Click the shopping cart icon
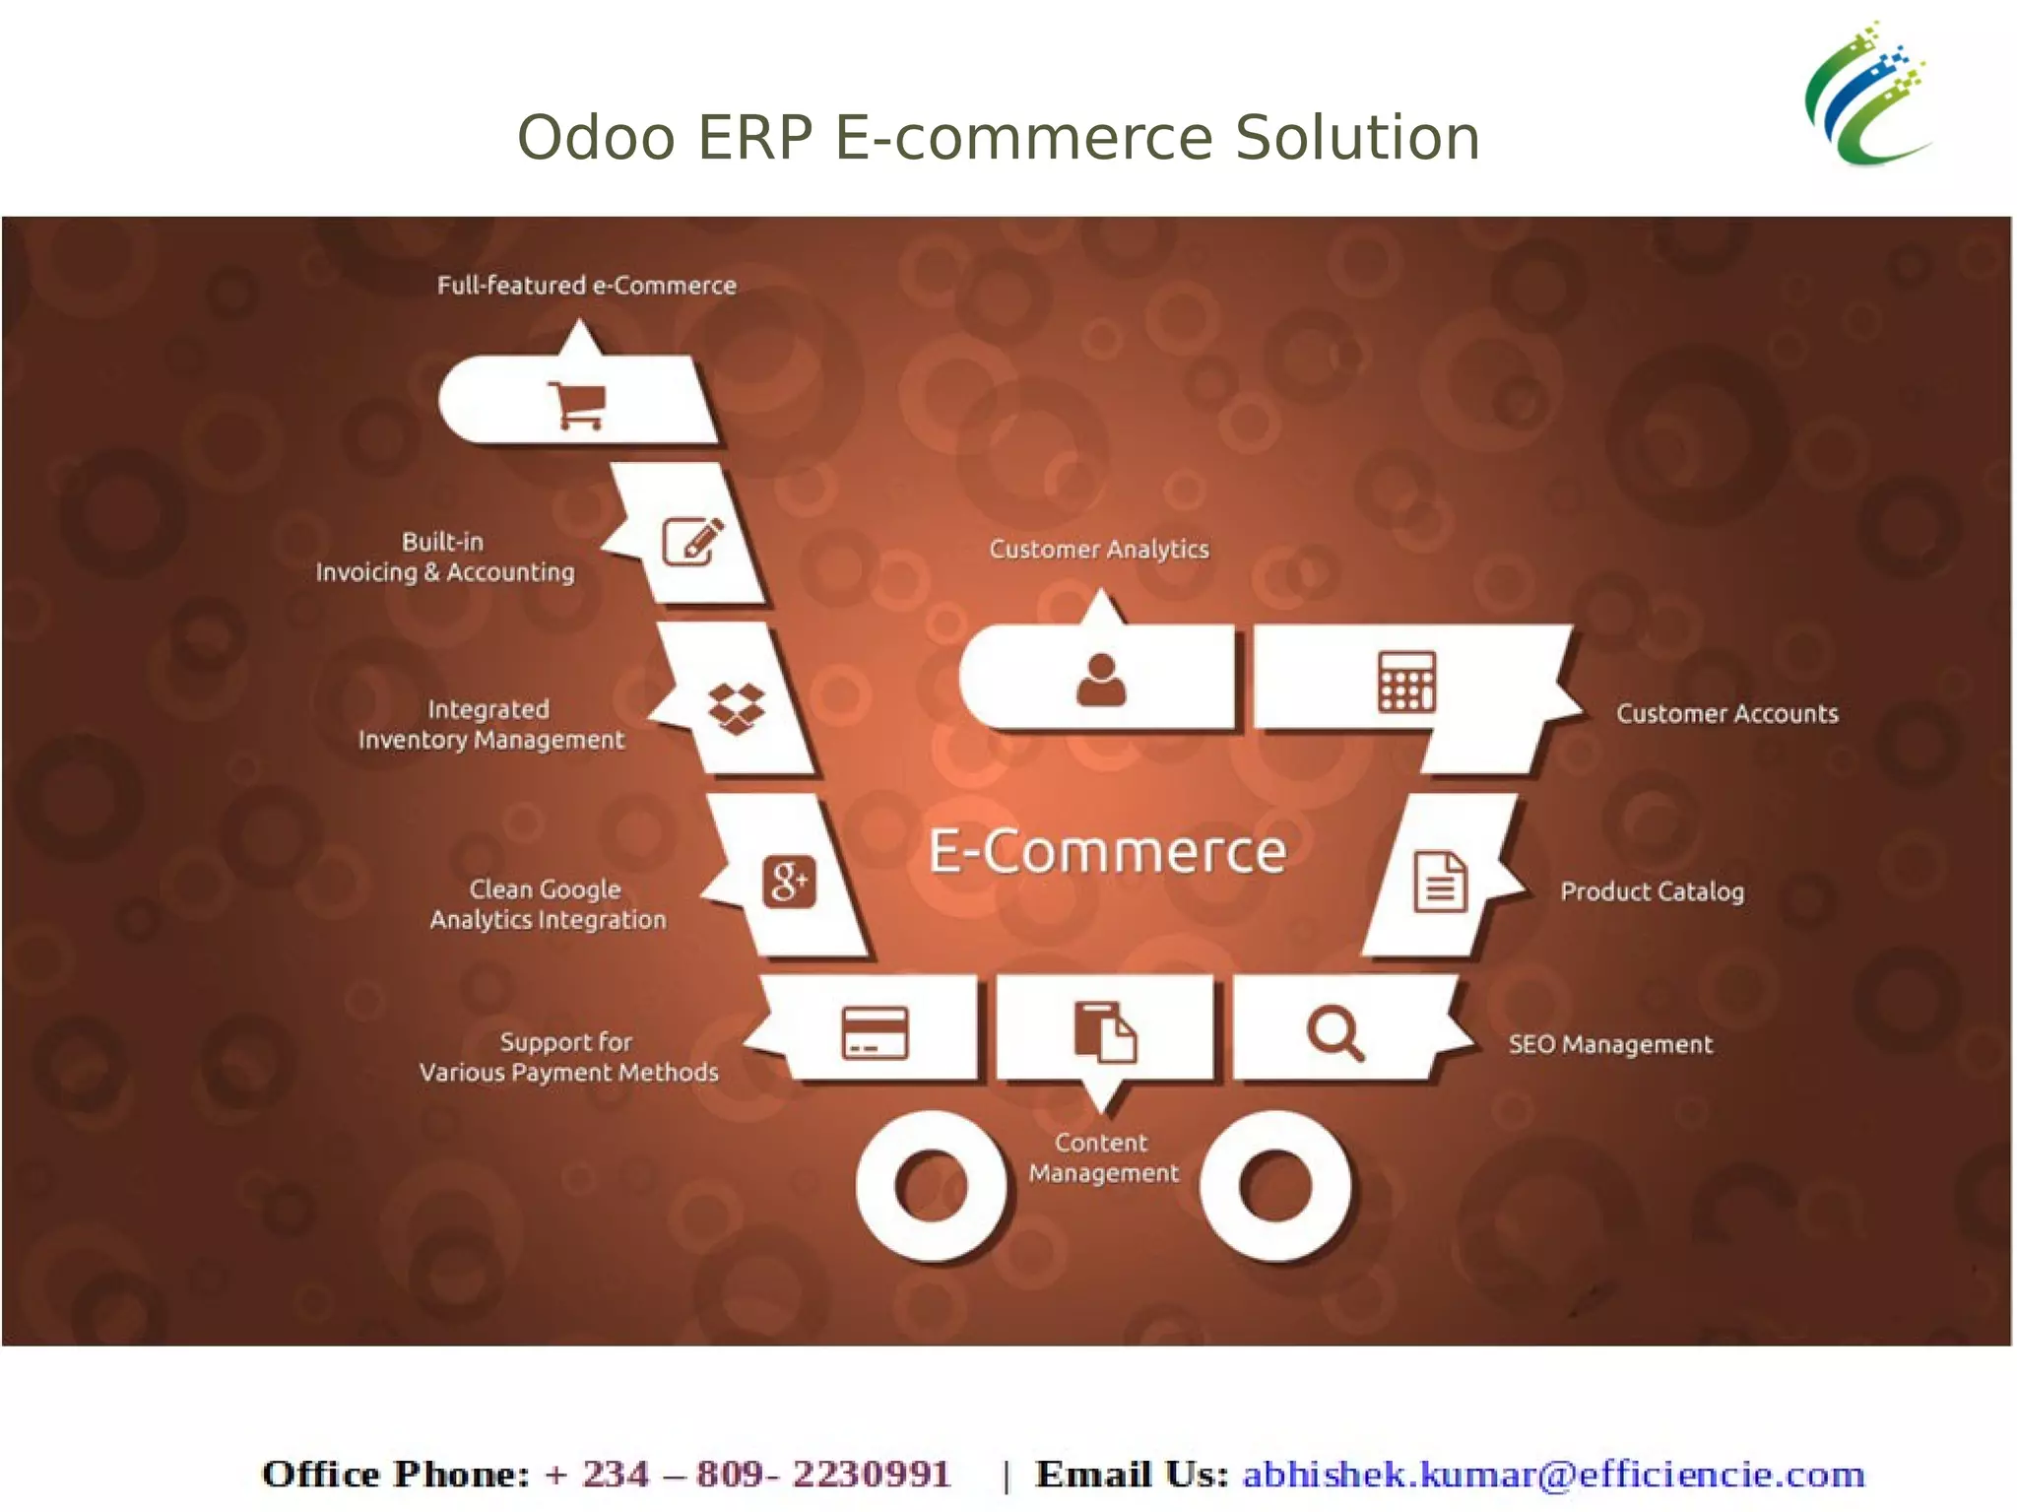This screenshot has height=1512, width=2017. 577,405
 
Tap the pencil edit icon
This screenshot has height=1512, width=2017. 691,540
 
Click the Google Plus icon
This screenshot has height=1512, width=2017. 789,881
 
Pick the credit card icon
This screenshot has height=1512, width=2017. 875,1032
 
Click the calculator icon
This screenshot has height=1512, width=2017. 1405,682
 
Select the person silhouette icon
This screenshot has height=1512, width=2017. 1100,680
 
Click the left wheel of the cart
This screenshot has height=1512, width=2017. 931,1186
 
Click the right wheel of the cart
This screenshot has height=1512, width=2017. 1275,1186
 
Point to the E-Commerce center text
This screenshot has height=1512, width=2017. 1107,851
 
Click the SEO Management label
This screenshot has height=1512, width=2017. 1610,1044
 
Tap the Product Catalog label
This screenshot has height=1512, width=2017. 1652,891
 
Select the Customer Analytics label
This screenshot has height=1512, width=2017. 1099,549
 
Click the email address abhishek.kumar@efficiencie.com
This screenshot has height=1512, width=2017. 1553,1475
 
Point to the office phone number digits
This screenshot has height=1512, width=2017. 748,1475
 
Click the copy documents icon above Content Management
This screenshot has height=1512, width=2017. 1104,1031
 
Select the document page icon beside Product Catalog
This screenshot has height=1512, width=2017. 1440,882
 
